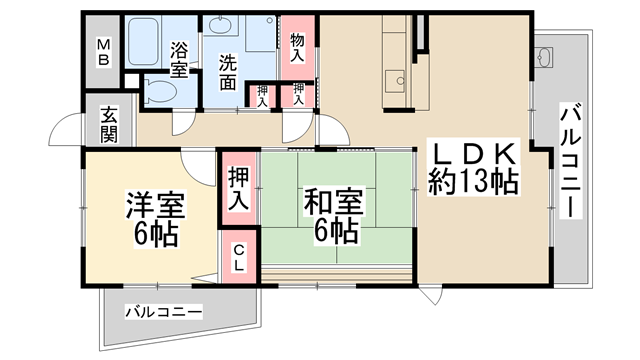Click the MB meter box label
103,52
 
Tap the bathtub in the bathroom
143,41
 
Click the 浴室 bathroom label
179,60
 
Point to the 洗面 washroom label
228,72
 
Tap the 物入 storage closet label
297,48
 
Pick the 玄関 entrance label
109,124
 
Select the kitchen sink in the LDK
395,81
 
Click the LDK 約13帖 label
473,168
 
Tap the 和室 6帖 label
333,216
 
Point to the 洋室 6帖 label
156,219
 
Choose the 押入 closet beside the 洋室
238,189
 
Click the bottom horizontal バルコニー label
163,313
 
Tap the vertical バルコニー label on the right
570,161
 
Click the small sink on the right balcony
544,57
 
